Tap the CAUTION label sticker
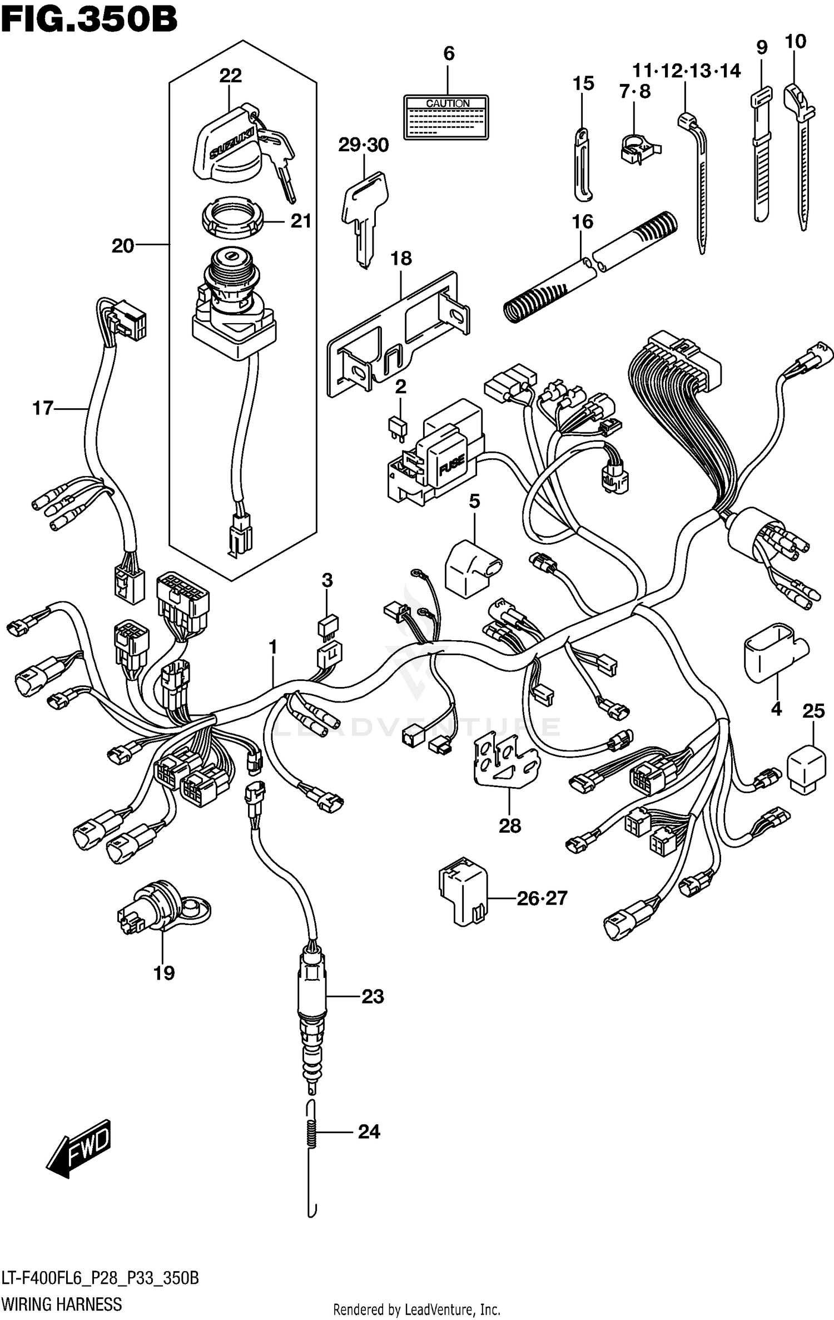pos(447,117)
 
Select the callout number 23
pos(372,997)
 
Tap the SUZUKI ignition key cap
pos(228,146)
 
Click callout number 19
pos(164,973)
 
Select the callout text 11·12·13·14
pos(686,71)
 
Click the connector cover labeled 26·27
pos(463,897)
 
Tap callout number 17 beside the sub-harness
pos(42,408)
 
